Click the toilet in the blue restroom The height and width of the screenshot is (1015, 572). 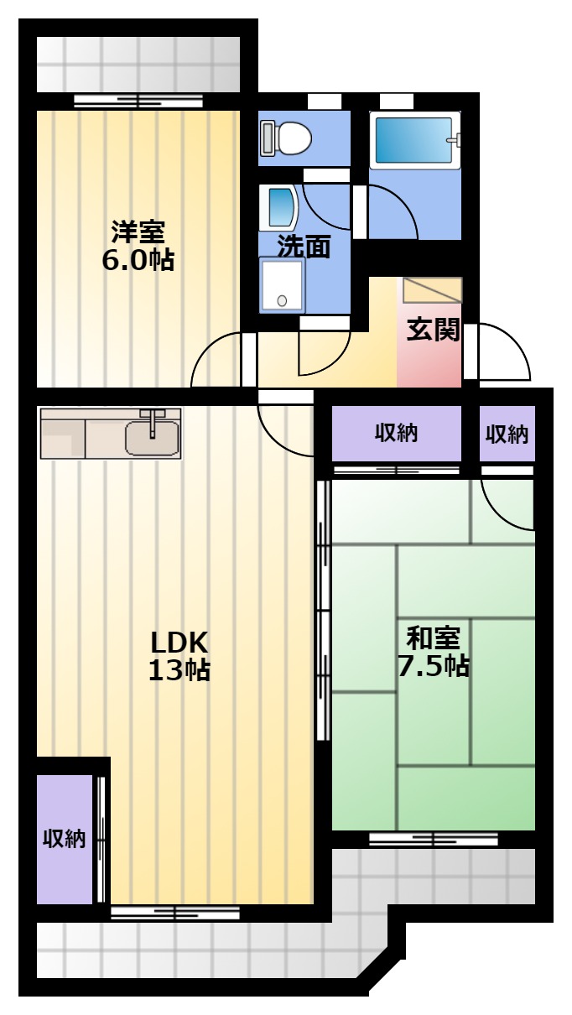coord(286,138)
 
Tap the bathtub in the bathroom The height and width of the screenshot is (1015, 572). coord(414,140)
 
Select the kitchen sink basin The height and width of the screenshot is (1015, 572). coord(152,438)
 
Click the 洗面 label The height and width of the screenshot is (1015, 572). coord(304,247)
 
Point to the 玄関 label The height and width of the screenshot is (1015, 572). coord(433,330)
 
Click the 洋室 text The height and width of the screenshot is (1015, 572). coord(138,232)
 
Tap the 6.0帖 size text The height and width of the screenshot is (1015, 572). coord(138,260)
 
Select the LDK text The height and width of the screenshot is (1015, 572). coord(179,642)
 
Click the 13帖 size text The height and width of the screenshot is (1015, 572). coord(179,669)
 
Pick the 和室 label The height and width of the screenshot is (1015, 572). coord(433,638)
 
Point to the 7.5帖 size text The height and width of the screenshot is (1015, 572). coord(434,665)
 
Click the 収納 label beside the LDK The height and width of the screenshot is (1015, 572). coord(65,839)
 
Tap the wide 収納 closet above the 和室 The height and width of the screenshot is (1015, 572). coord(396,433)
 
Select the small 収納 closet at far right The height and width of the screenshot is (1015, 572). coord(507,434)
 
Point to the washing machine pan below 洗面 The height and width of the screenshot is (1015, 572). coord(282,284)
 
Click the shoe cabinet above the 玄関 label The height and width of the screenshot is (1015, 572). coord(433,290)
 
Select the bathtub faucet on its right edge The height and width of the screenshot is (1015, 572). coord(455,139)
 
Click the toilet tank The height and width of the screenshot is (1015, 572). coord(267,138)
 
